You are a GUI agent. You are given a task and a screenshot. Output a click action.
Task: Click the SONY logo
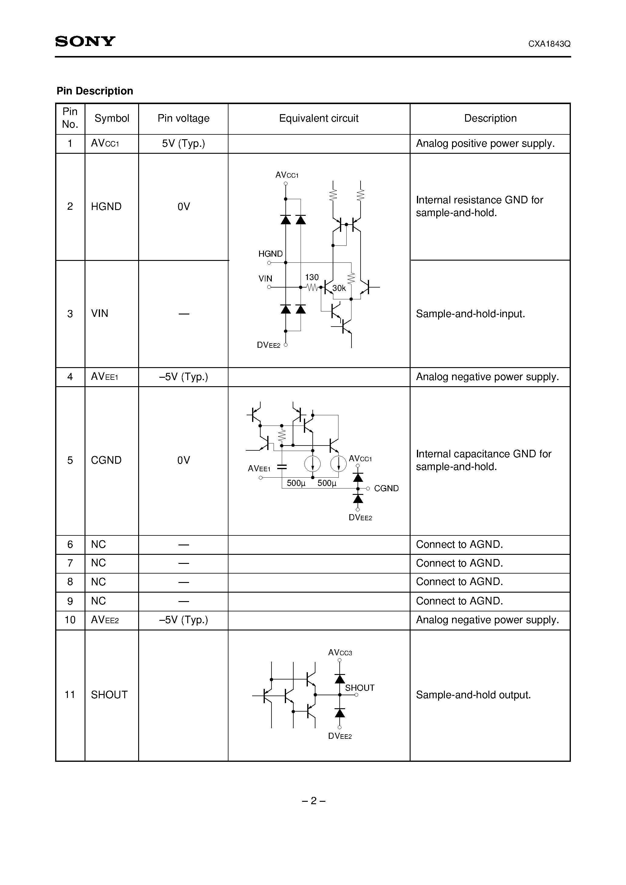coord(85,41)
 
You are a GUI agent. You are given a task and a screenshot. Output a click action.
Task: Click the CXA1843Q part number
coord(549,44)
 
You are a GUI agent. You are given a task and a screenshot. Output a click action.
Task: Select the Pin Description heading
coord(95,91)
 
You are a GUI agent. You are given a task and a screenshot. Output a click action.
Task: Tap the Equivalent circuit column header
coord(318,118)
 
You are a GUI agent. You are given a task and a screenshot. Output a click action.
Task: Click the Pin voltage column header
coord(183,118)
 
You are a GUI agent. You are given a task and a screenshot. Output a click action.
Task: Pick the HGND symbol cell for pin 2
coord(106,207)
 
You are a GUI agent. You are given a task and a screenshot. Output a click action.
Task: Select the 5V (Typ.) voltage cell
coord(183,143)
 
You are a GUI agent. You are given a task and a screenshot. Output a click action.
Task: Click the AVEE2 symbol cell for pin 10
coord(105,620)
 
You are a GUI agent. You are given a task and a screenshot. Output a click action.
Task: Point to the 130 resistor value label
coord(311,277)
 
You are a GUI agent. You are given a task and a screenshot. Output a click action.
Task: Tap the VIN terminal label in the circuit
coord(265,278)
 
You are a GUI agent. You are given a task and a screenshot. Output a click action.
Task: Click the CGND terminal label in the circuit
coord(386,489)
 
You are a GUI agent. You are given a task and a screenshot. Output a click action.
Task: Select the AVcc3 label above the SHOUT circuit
coord(340,653)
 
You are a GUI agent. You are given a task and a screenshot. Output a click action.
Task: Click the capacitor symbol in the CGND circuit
coord(282,467)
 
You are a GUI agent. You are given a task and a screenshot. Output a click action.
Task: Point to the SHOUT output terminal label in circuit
coord(359,688)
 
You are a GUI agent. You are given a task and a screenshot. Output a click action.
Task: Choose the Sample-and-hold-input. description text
coord(470,314)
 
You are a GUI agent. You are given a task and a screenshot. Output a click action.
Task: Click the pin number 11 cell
coord(70,695)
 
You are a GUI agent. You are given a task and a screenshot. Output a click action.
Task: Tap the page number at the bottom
coord(313,801)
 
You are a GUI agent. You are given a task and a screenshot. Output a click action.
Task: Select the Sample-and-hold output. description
coord(473,695)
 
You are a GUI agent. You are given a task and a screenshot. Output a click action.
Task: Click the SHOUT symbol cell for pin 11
coord(109,695)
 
